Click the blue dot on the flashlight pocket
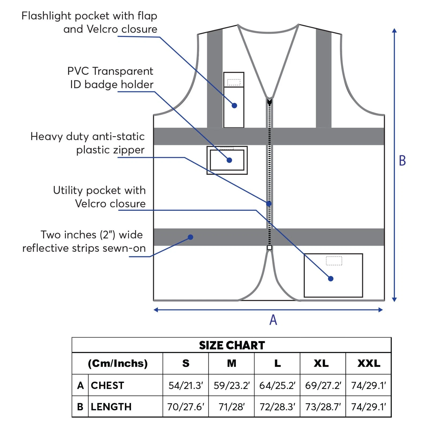(234, 106)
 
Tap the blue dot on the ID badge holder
(229, 160)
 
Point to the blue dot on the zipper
(269, 204)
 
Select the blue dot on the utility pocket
(331, 279)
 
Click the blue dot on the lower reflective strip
(191, 237)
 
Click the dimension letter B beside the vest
(402, 161)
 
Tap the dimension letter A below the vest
(273, 320)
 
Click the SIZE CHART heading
(232, 345)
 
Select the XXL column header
(369, 363)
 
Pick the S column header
(186, 363)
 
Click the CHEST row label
(107, 386)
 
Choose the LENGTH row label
(111, 407)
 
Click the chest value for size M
(232, 386)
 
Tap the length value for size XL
(323, 407)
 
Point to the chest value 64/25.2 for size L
(277, 386)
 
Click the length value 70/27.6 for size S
(185, 407)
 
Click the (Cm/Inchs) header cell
(118, 363)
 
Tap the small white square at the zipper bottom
(269, 247)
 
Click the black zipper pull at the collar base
(269, 102)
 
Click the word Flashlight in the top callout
(46, 16)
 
